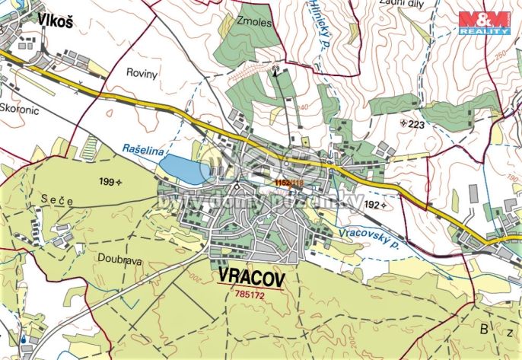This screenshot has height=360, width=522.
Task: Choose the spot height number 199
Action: tap(106, 182)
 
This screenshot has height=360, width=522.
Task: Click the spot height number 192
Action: tap(371, 205)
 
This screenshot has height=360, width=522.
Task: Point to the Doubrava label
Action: tap(115, 257)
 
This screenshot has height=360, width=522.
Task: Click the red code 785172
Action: tap(251, 293)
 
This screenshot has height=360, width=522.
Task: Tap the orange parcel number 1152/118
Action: tap(289, 183)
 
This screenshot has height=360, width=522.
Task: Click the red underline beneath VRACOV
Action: tap(251, 286)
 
